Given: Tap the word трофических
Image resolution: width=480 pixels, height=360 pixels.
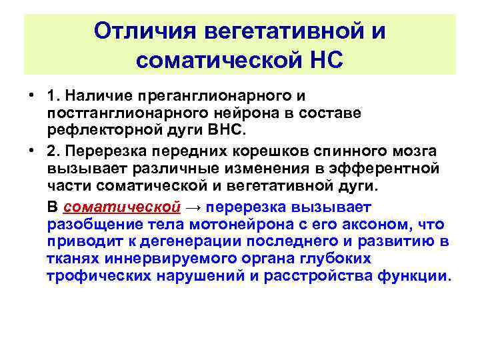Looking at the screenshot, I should pyautogui.click(x=91, y=275).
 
